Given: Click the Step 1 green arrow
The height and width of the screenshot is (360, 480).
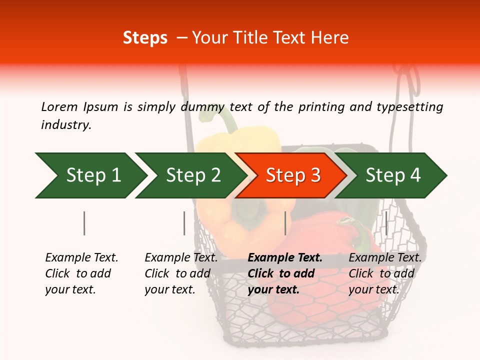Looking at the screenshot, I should (92, 175).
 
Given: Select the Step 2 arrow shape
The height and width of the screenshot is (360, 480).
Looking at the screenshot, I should (192, 175).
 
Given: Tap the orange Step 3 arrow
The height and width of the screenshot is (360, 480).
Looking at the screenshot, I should (292, 175).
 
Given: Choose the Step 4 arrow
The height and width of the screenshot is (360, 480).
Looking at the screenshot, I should (392, 175).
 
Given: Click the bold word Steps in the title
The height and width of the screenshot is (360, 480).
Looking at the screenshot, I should (145, 38).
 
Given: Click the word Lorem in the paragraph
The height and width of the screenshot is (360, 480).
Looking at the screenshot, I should (59, 106).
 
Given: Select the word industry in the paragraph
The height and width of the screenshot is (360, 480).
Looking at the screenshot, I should (65, 125).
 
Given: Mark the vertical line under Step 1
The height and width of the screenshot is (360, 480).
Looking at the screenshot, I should (84, 223).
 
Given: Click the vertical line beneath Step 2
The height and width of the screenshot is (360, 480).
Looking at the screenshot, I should (184, 223).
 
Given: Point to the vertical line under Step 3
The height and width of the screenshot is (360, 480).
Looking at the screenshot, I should (285, 223).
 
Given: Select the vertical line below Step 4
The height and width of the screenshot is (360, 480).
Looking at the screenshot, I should (386, 222).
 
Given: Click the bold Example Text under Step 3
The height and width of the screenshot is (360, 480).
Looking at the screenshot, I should (285, 258).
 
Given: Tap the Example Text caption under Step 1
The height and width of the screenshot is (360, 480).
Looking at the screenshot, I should (81, 258).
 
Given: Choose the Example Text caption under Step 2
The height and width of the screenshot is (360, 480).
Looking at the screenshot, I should (181, 258).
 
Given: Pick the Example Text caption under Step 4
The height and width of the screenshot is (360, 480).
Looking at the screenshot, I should (385, 258).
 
